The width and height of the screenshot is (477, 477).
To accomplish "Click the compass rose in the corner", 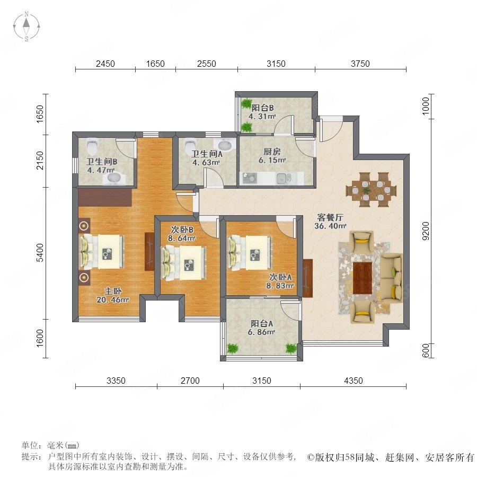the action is click(x=26, y=26).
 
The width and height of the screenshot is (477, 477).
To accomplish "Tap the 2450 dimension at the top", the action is click(x=105, y=64).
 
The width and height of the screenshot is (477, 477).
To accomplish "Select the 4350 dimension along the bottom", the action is click(x=353, y=381).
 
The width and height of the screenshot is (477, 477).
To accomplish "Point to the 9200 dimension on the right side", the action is click(x=426, y=231).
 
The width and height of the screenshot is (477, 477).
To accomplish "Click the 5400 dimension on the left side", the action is click(x=40, y=252).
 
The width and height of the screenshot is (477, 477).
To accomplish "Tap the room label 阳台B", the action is click(x=262, y=108).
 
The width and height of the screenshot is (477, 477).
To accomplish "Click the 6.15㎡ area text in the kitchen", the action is click(x=272, y=160).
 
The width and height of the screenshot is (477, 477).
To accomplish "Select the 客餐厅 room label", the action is click(x=330, y=217).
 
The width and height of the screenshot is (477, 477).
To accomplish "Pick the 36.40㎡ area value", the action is click(x=330, y=226).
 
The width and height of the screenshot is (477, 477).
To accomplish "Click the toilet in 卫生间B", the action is click(x=92, y=146).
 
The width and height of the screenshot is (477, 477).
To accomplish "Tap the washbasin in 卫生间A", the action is click(x=225, y=145).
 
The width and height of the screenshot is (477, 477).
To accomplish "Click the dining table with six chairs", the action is click(x=371, y=190).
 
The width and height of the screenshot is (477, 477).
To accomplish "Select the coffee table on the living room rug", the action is click(x=363, y=277).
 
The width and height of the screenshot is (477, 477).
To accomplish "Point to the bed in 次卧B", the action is click(x=184, y=263).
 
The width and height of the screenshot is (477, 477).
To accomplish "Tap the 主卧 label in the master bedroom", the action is click(x=113, y=291).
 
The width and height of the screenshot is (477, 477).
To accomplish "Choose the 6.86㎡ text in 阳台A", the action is click(x=261, y=332).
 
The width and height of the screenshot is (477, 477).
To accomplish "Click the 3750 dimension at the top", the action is click(x=360, y=64).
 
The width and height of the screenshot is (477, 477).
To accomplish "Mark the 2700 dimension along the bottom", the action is click(x=190, y=381).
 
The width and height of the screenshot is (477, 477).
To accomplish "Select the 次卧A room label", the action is click(x=280, y=277).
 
